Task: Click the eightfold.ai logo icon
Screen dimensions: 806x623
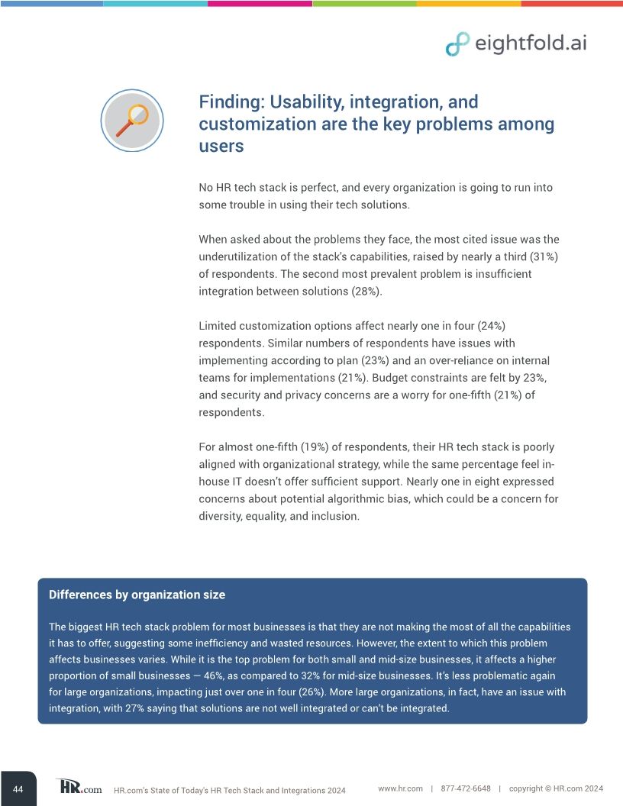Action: click(457, 44)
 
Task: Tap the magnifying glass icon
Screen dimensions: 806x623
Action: click(131, 120)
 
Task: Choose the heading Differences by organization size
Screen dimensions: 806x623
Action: click(137, 595)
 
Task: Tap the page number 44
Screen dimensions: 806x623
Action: click(18, 789)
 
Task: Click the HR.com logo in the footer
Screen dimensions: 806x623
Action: click(79, 787)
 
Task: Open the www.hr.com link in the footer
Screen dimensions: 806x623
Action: click(400, 788)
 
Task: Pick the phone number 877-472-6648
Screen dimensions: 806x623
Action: click(466, 788)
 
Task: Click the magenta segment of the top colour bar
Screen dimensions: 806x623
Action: click(260, 3)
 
